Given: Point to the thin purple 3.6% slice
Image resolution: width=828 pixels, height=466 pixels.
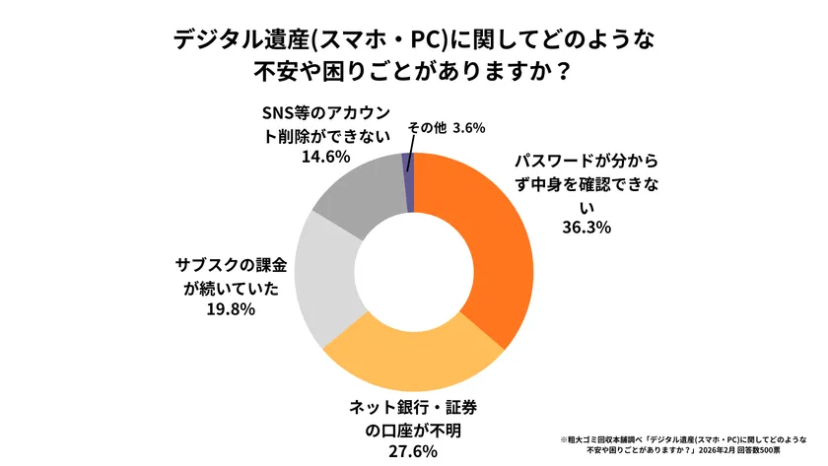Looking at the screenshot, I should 409,181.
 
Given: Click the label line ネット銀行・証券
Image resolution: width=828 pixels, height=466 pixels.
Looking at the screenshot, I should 413,407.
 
